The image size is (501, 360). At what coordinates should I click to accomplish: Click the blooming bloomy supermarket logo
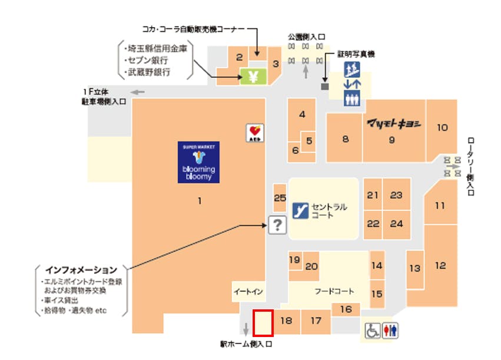pos(199,162)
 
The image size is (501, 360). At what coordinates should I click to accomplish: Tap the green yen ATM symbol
pos(253,76)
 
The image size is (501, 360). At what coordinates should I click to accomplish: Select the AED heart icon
pos(254,133)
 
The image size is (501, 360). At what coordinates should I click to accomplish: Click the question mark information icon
pos(277,224)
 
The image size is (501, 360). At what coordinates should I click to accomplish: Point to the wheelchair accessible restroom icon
pos(373,331)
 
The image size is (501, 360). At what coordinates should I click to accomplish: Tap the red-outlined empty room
pos(263,323)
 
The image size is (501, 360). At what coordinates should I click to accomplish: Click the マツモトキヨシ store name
pos(393,124)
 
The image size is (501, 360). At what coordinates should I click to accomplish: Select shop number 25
pos(280,198)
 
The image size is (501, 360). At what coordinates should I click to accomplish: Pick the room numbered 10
pos(442,127)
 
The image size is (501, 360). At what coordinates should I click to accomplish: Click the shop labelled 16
pos(346,309)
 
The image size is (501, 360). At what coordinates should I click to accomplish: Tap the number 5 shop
pos(309,141)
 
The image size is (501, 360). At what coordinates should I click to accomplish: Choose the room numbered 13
pos(415,269)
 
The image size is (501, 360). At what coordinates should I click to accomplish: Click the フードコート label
pos(334,292)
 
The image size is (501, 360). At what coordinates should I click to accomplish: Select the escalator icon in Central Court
pos(301,210)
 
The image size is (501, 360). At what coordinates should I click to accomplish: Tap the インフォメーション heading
pos(81,270)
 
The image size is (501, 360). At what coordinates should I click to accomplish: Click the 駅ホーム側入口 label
pos(247,343)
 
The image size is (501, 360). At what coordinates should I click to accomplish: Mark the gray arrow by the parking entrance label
pos(138,92)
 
